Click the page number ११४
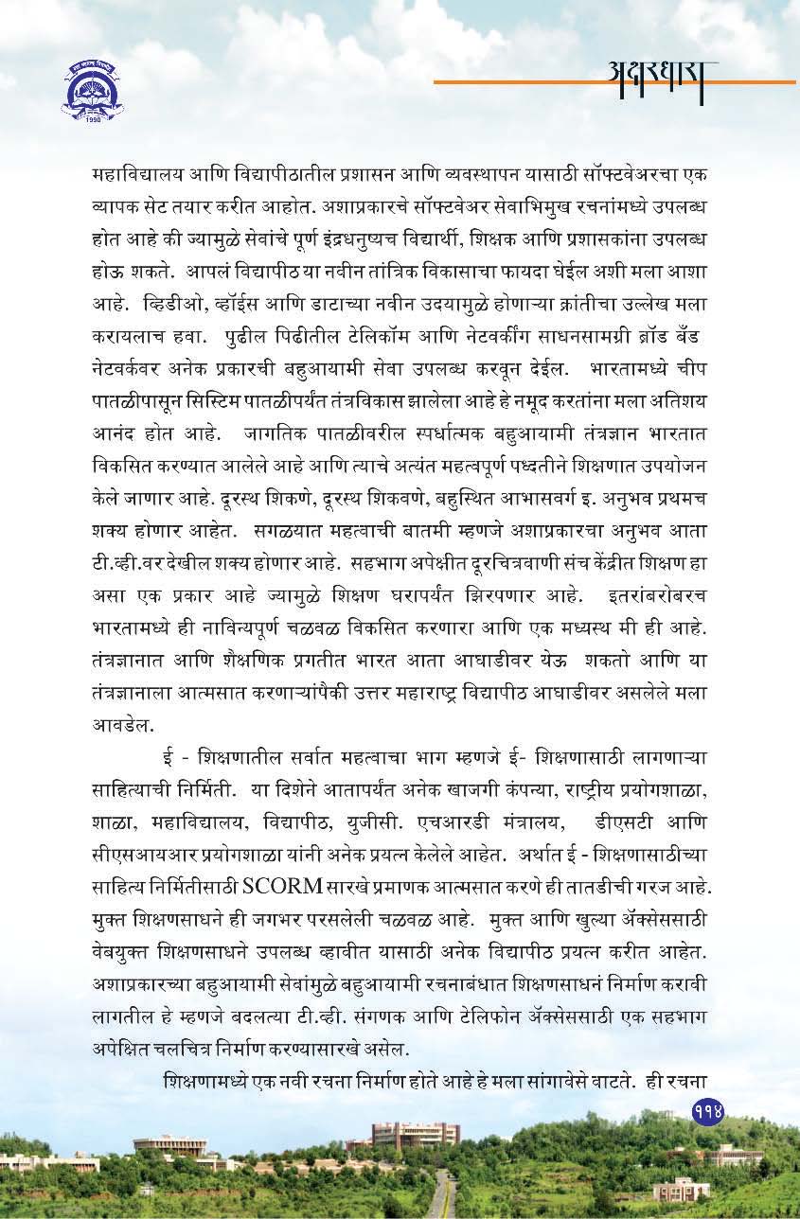click(707, 1111)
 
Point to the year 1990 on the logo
click(91, 121)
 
